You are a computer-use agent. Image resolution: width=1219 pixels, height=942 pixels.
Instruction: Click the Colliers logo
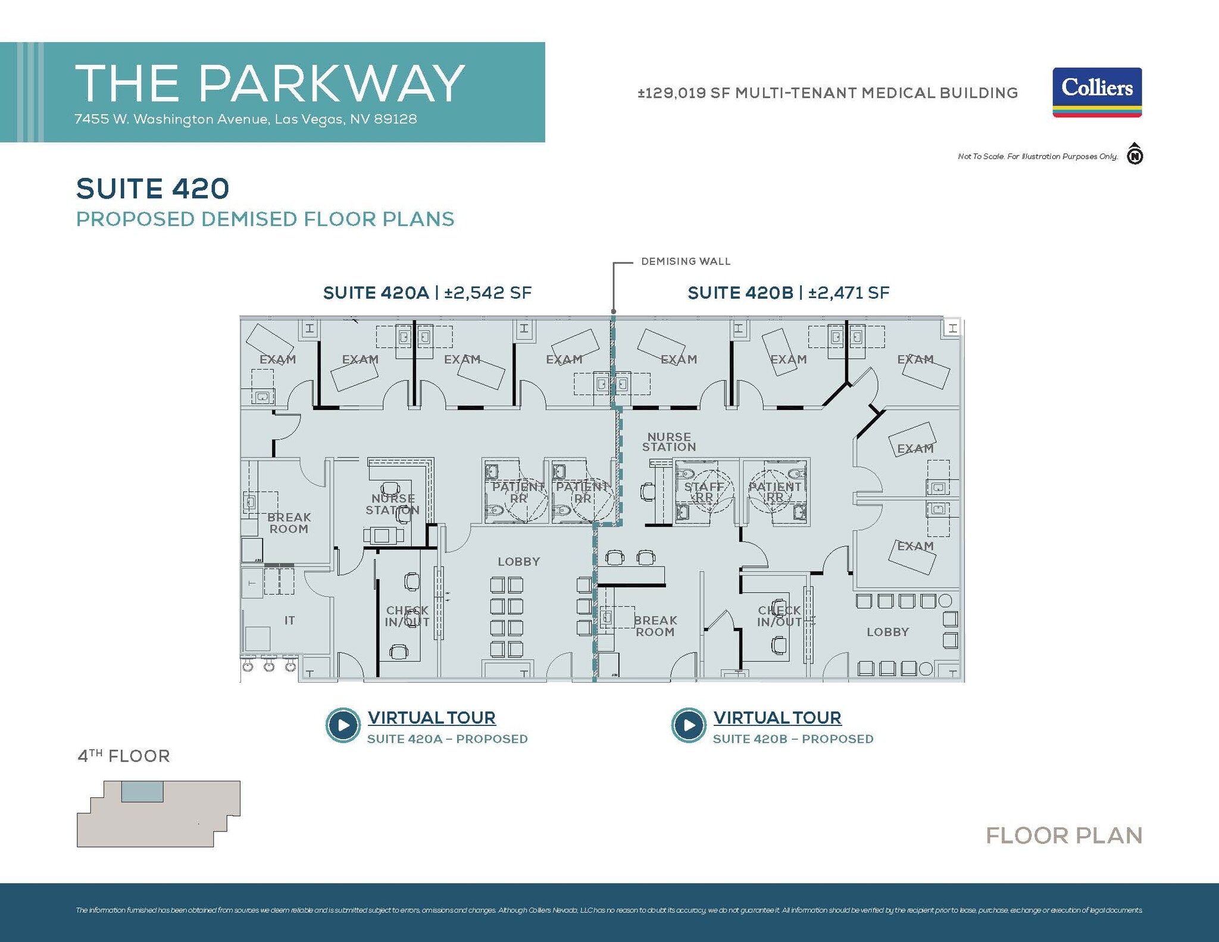click(1096, 92)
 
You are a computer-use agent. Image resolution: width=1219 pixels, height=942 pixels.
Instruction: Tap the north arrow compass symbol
click(1134, 155)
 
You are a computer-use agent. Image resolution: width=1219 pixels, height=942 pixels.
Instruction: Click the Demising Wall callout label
click(685, 261)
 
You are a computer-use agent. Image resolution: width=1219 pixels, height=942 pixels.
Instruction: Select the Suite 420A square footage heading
click(427, 293)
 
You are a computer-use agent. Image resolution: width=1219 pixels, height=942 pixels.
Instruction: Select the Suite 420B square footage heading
click(788, 293)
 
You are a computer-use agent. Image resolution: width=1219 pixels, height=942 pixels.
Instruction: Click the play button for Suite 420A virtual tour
click(343, 725)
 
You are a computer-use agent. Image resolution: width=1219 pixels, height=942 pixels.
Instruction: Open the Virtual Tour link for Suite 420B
click(777, 718)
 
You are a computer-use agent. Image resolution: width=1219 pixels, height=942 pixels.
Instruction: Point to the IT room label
click(289, 620)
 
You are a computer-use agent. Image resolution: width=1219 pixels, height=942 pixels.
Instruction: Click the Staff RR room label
click(704, 492)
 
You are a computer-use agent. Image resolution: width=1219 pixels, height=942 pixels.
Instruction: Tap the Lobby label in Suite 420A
click(518, 561)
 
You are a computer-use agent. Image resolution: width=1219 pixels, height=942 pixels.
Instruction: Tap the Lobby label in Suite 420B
click(887, 632)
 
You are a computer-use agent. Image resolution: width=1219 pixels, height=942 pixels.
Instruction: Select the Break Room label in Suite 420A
click(289, 523)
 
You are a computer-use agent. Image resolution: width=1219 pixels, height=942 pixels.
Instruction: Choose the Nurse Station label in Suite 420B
click(668, 442)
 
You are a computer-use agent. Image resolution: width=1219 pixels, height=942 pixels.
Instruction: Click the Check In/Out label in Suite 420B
click(779, 616)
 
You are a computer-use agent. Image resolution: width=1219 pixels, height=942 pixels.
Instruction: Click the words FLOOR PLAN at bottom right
click(1064, 835)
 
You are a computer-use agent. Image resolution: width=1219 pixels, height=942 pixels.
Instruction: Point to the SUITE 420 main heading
click(152, 189)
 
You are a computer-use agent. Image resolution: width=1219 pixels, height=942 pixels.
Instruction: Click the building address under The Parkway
click(245, 119)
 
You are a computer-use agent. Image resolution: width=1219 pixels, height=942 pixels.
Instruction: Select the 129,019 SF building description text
click(827, 93)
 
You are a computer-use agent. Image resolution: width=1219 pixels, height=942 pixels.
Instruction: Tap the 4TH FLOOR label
click(124, 756)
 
